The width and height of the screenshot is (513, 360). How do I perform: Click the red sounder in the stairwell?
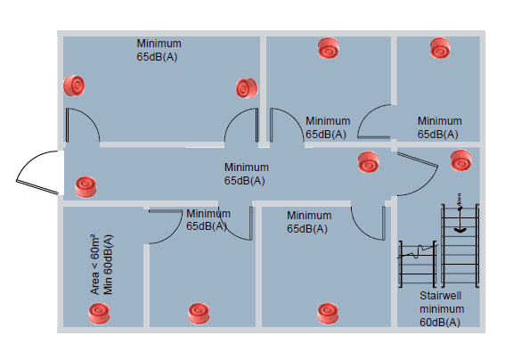tap(460, 161)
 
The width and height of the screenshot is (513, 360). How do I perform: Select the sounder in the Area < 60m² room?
tap(98, 313)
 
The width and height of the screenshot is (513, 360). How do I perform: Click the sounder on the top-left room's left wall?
tap(75, 86)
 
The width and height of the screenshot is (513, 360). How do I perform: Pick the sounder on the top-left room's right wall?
tap(246, 88)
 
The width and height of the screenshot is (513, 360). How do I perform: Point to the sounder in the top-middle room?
tap(329, 47)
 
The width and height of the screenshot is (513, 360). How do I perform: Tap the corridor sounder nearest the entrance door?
tap(85, 186)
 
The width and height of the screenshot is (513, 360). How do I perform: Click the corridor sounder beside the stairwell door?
tap(367, 163)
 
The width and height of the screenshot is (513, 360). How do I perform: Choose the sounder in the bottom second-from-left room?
tap(198, 312)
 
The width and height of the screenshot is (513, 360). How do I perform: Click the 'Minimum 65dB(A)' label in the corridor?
tap(246, 174)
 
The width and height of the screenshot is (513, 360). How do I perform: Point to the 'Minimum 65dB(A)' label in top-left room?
tap(159, 50)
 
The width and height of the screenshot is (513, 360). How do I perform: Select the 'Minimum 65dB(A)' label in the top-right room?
tap(439, 127)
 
